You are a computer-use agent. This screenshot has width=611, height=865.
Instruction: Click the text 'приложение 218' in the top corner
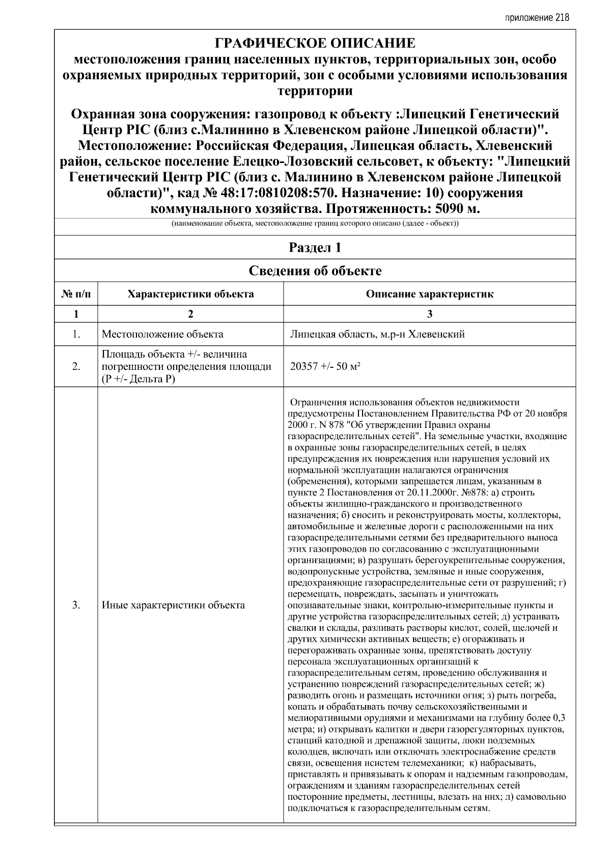(537, 18)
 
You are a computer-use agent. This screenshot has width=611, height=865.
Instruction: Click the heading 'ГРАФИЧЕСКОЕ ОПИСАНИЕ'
(315, 43)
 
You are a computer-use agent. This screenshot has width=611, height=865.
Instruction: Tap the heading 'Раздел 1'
(315, 248)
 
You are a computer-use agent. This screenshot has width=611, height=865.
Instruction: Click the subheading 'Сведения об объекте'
(315, 271)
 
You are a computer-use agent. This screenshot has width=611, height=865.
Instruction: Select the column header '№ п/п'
(76, 294)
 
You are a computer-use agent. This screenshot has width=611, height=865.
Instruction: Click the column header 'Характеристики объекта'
(190, 294)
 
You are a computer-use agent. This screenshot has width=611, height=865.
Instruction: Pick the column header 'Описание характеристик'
(429, 294)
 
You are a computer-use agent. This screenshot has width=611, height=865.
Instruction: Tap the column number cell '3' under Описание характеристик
(429, 314)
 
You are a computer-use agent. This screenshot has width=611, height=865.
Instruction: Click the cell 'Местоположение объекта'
(162, 334)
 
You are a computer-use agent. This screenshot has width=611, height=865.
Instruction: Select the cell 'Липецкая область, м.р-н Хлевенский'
(377, 334)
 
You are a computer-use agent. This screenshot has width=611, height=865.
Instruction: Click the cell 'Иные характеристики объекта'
(173, 605)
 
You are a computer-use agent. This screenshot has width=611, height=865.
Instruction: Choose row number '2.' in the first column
(76, 366)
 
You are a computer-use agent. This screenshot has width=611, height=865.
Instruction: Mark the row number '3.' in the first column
(76, 605)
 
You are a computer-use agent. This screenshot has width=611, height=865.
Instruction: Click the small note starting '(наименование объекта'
(315, 224)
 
